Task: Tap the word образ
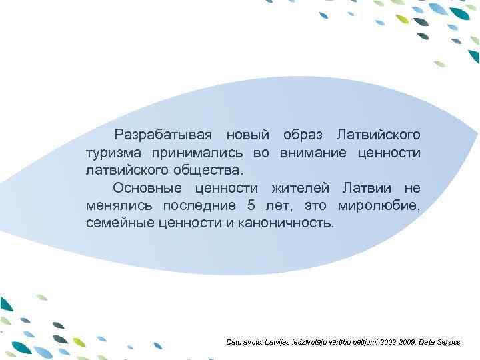coord(303,135)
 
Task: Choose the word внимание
coord(311,153)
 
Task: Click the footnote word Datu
coord(235,342)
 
